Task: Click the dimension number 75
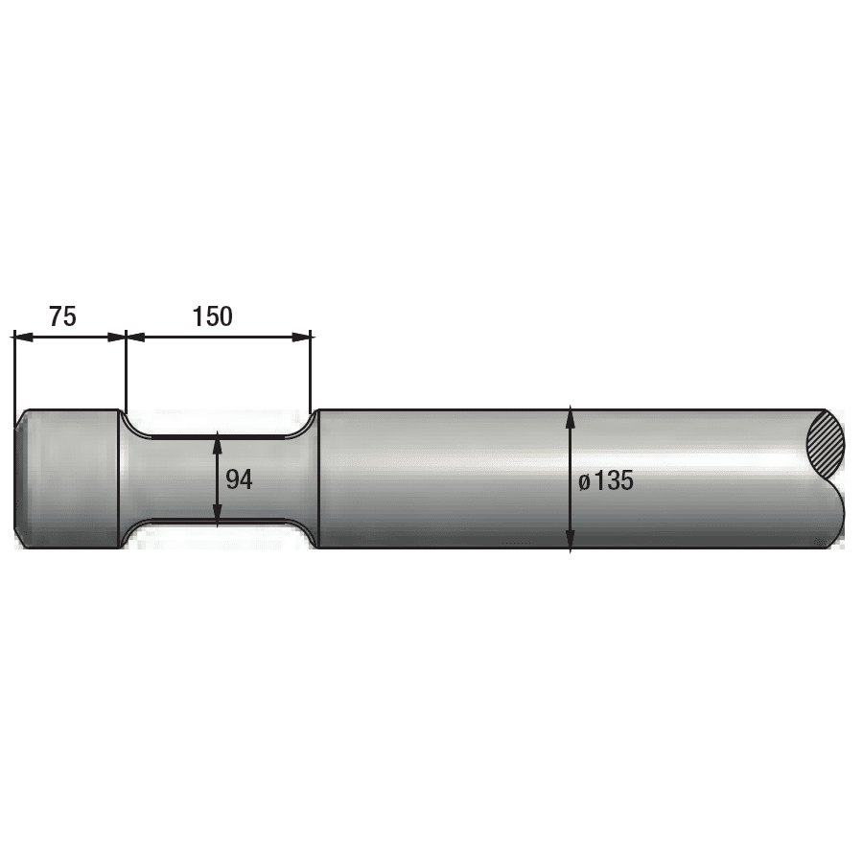(x=62, y=316)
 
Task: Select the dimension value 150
(x=212, y=316)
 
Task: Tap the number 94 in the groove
(x=239, y=479)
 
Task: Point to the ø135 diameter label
(x=606, y=481)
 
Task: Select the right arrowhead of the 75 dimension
(x=116, y=337)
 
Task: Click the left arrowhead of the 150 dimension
(x=135, y=337)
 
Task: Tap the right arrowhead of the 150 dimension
(x=302, y=337)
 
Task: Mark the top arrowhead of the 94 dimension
(x=218, y=442)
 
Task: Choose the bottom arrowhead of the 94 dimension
(x=218, y=516)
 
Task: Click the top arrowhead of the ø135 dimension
(x=571, y=416)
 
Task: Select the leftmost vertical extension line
(x=14, y=374)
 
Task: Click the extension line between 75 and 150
(x=126, y=374)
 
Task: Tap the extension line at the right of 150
(x=312, y=374)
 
